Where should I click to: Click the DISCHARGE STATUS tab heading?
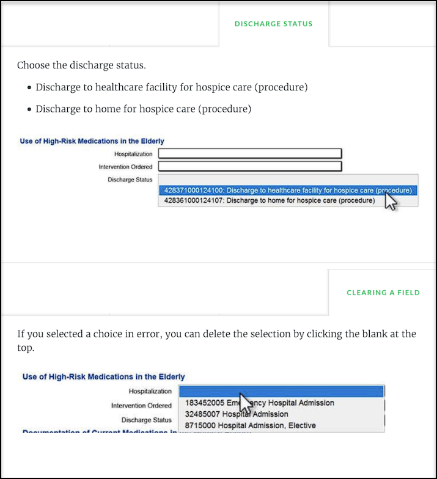[273, 24]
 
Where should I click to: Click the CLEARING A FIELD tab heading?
[383, 293]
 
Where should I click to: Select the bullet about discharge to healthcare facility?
[171, 87]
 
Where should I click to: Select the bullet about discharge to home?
[143, 109]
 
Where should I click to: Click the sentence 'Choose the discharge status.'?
[81, 65]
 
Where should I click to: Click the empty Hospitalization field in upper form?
[249, 154]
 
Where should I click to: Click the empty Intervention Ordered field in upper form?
[249, 166]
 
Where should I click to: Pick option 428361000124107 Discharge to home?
[269, 200]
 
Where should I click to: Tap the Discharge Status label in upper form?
[130, 179]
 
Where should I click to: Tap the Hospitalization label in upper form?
[133, 154]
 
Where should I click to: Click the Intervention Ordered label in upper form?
[125, 167]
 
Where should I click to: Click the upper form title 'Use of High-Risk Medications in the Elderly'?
[92, 141]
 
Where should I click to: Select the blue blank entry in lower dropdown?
[281, 391]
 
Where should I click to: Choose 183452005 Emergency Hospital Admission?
[259, 403]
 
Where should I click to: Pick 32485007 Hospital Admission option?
[236, 414]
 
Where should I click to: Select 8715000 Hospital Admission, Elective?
[251, 425]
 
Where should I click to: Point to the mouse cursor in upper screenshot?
[389, 200]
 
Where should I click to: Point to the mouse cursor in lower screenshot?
[245, 403]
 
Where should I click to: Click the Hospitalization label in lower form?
[150, 392]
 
